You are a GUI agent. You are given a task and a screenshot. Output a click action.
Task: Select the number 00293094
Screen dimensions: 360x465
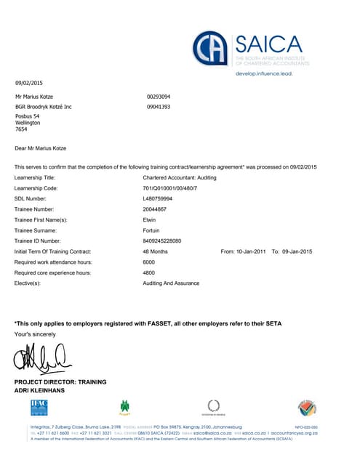pyautogui.click(x=159, y=96)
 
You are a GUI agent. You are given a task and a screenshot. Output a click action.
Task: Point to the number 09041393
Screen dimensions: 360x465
pyautogui.click(x=159, y=107)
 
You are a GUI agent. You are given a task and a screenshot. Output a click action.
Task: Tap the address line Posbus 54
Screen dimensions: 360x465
pyautogui.click(x=28, y=116)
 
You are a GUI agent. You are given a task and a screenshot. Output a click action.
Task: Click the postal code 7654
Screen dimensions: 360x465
pyautogui.click(x=21, y=129)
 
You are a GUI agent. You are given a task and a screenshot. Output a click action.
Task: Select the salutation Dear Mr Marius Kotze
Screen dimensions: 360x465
pyautogui.click(x=41, y=148)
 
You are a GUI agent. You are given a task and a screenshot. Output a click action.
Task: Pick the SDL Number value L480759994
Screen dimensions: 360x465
pyautogui.click(x=159, y=198)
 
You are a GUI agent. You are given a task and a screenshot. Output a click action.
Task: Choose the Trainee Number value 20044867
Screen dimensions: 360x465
pyautogui.click(x=156, y=209)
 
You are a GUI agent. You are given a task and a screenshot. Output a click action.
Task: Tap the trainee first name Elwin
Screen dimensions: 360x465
pyautogui.click(x=149, y=219)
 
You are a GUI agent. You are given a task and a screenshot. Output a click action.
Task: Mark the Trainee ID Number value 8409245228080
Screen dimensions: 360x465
pyautogui.click(x=162, y=240)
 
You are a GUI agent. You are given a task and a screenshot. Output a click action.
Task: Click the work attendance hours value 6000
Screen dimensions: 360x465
pyautogui.click(x=149, y=262)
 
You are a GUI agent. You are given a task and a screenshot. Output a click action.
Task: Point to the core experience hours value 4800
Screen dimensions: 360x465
pyautogui.click(x=149, y=272)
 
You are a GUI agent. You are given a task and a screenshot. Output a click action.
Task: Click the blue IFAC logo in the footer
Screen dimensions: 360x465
pyautogui.click(x=39, y=408)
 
